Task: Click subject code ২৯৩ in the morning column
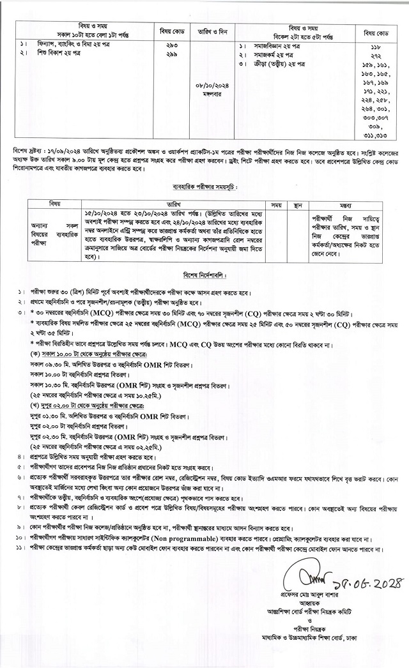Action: [x=171, y=47]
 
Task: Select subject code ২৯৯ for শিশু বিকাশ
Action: [x=171, y=56]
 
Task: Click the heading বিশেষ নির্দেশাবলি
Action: [x=204, y=279]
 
